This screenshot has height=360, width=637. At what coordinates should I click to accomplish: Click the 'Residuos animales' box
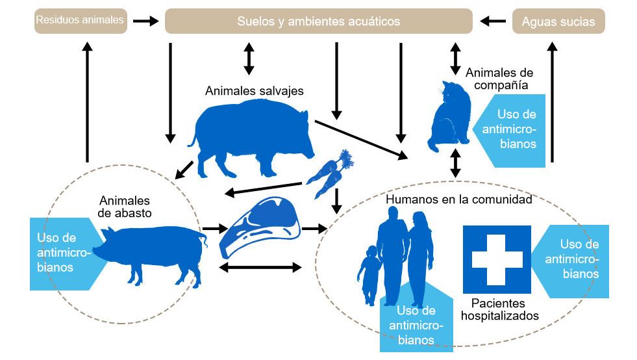pos(80,21)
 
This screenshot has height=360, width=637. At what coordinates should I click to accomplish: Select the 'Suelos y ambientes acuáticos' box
pos(318,21)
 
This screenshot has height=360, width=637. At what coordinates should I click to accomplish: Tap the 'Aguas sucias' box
pos(558,21)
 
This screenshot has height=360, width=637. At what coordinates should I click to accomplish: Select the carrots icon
pos(331,172)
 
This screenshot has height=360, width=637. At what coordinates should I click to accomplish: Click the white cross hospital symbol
pos(497,259)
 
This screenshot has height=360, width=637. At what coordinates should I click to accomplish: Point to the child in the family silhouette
pos(369,273)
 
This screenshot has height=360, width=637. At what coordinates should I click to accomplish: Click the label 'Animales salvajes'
pos(254,90)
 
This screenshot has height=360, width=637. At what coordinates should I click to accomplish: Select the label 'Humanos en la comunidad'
pos(459,199)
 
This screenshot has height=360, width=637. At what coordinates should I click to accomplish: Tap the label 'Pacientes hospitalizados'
pos(499,309)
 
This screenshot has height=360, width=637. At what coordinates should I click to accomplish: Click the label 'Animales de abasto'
pos(125,206)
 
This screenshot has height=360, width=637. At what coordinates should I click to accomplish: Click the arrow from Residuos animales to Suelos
pos(145,21)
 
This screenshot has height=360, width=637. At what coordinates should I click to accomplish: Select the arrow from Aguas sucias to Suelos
pos(493,21)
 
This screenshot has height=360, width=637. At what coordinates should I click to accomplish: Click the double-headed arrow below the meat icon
pos(260,267)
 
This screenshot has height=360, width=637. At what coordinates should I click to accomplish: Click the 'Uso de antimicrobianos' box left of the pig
pos(58,252)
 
